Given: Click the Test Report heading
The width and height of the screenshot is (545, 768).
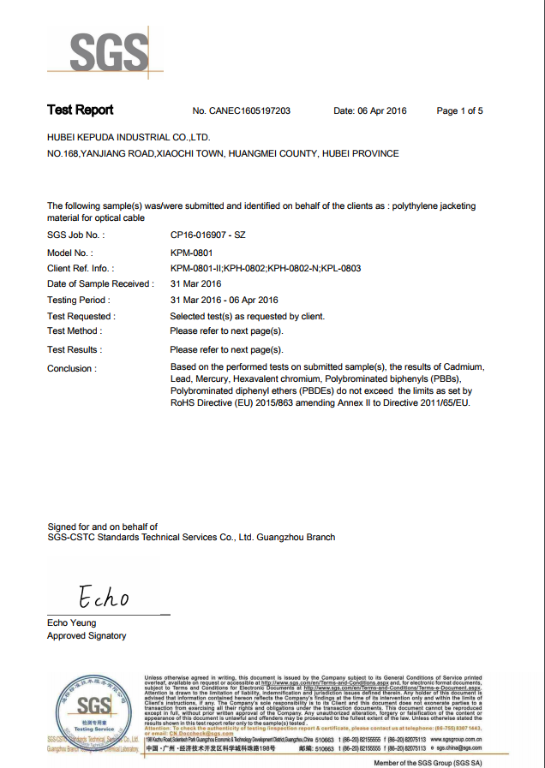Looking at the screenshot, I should (80, 110).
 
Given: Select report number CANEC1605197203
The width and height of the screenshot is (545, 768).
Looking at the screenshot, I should (242, 111).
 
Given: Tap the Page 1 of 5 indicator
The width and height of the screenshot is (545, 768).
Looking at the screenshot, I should (459, 111).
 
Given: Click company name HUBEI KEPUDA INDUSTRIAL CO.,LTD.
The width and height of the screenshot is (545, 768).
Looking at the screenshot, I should (129, 137).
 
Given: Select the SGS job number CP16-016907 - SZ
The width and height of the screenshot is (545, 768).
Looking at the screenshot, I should (208, 235).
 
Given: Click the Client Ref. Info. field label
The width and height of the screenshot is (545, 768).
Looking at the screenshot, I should (81, 269).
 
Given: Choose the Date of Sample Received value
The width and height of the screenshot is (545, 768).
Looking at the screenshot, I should (196, 284).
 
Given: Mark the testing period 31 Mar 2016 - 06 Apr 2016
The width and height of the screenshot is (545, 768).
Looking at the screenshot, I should (225, 301).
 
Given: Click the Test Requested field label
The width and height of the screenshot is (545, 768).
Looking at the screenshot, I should (81, 316).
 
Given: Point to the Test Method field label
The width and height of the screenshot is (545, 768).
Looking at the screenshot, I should (75, 331).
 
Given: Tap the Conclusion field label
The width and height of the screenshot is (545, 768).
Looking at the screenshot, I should (71, 369).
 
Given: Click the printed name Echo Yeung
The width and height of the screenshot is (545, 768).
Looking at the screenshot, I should (72, 622).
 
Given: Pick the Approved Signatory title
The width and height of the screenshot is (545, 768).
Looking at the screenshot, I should (87, 636).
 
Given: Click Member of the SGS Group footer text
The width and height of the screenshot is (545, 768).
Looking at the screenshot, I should (428, 761).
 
